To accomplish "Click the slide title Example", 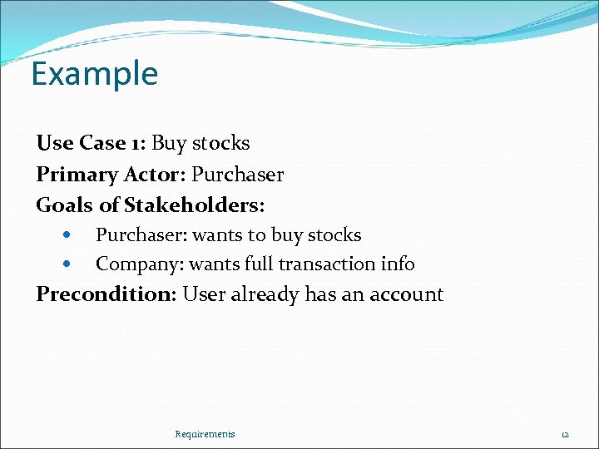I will [x=94, y=74].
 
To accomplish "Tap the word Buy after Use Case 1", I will [x=169, y=143].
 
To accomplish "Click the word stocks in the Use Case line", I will [x=220, y=143].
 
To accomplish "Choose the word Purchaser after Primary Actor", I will [x=238, y=175].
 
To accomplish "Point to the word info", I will [x=395, y=264].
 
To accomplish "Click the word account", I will [x=405, y=294].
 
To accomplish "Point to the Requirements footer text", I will [x=205, y=434].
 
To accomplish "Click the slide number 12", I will [x=564, y=434].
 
